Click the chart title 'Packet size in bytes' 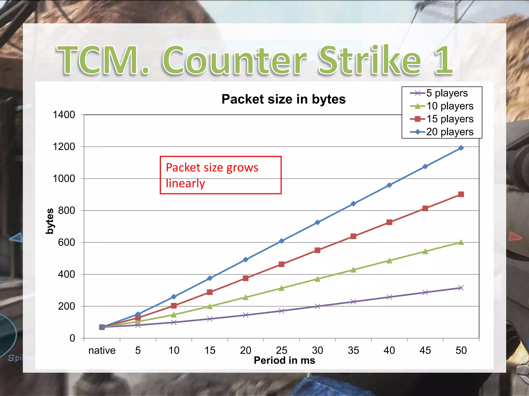[283, 99]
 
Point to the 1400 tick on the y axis [64, 115]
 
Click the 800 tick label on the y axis [66, 211]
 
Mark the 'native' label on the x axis [102, 350]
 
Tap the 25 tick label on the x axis [281, 350]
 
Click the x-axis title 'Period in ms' [284, 360]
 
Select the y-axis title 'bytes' [50, 221]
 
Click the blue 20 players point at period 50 [461, 148]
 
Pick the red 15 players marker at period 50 [461, 194]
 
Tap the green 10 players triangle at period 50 [461, 242]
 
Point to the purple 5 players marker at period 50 [461, 288]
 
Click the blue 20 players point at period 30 [317, 222]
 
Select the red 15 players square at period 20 [245, 278]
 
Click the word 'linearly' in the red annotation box [185, 183]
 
